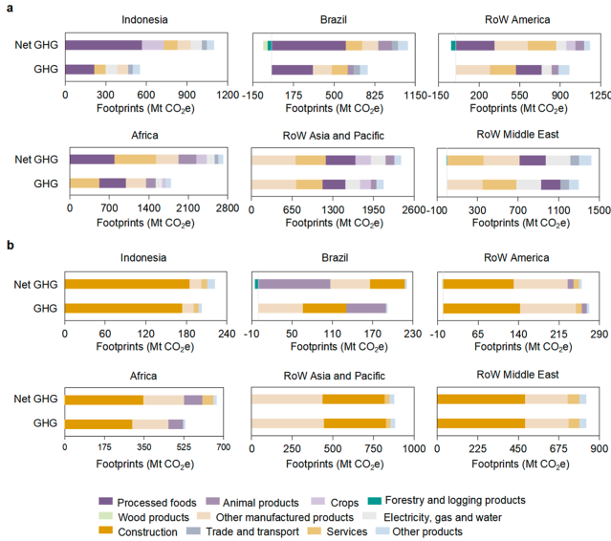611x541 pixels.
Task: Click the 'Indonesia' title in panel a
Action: click(x=145, y=21)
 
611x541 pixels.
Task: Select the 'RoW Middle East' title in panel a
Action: click(x=517, y=135)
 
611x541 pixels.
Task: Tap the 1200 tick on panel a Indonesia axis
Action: click(x=228, y=96)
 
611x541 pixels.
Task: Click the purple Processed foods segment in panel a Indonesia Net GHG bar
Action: click(x=103, y=45)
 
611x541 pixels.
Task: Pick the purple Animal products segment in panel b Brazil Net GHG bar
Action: click(x=295, y=284)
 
